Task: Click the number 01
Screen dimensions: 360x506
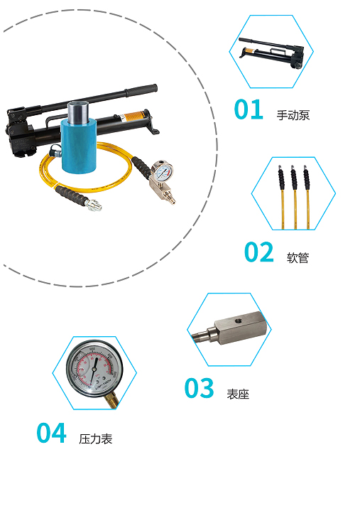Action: [x=249, y=109]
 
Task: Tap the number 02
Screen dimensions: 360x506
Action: [x=259, y=252]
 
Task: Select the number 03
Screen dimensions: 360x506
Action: [x=200, y=387]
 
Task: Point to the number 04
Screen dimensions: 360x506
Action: [x=52, y=432]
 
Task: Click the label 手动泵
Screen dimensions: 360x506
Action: [x=293, y=115]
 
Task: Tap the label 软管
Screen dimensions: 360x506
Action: [x=298, y=258]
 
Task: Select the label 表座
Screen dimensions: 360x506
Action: [x=238, y=394]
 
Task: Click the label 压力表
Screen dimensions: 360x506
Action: [x=96, y=438]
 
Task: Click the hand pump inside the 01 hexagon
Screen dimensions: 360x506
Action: [x=271, y=53]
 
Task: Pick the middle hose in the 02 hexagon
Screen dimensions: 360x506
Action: [x=294, y=197]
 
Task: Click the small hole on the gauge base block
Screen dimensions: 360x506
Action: [x=238, y=321]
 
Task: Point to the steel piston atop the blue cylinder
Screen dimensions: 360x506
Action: [x=78, y=112]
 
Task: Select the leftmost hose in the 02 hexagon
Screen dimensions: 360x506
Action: [x=282, y=197]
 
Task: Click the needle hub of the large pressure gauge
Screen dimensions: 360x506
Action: [x=94, y=368]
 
